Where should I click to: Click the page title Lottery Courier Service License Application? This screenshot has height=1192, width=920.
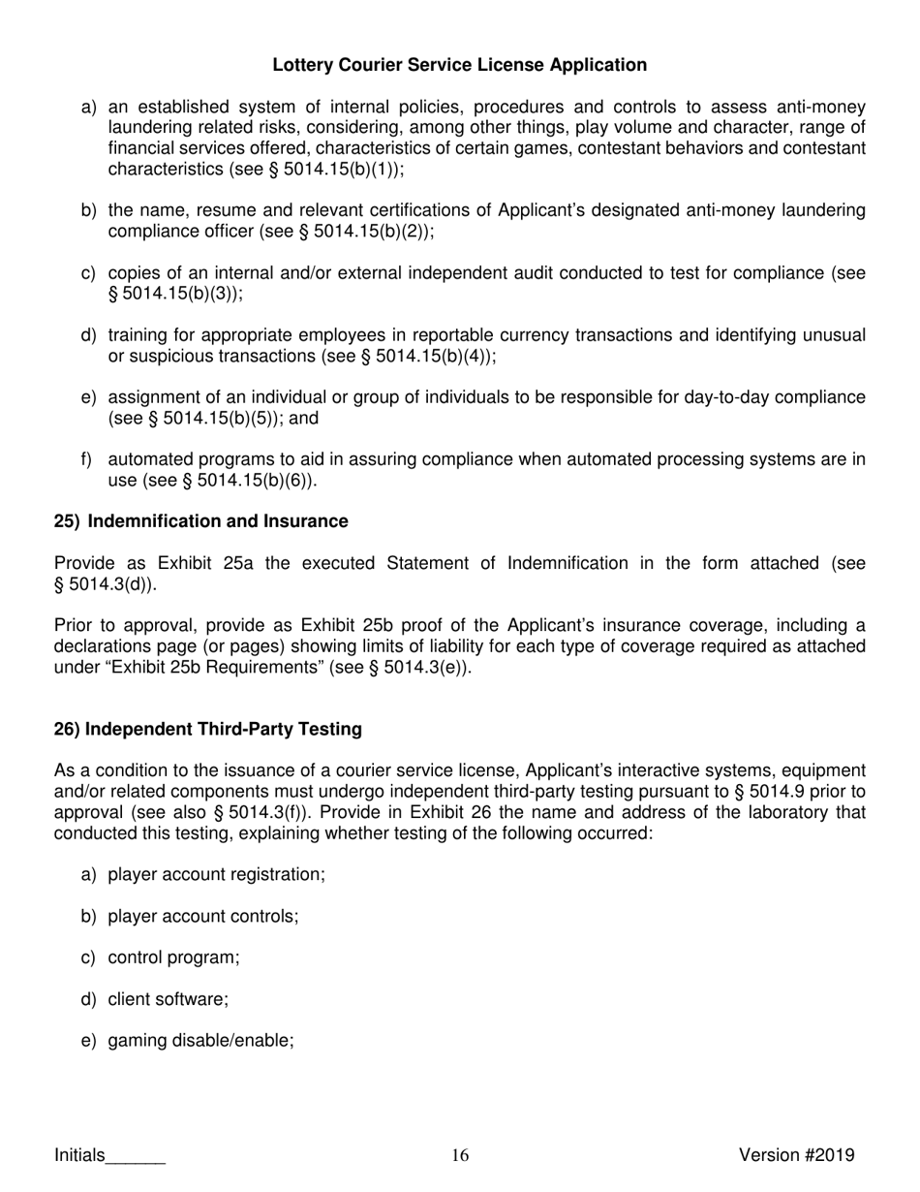(459, 65)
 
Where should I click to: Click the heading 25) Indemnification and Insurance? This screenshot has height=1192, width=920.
(200, 521)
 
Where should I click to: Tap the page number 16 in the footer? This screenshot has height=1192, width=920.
(460, 1154)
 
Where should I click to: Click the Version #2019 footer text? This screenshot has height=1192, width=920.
(796, 1154)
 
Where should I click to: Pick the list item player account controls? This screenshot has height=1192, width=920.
(202, 916)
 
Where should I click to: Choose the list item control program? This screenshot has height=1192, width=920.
(173, 957)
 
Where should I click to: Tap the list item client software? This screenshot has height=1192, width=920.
(168, 999)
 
